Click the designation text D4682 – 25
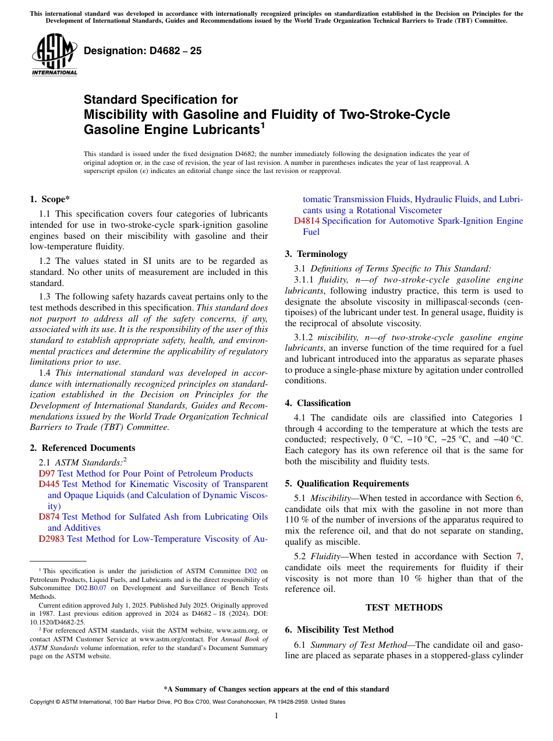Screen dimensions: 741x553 pos(143,51)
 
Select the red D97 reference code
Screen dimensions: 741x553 pos(47,474)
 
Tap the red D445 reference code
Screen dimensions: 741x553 pos(49,485)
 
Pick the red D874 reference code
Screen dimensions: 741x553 pos(49,517)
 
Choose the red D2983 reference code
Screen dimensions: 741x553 pos(52,539)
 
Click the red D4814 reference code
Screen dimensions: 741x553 pos(307,221)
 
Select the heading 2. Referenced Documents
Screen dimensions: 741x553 pos(82,448)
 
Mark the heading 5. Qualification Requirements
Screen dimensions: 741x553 pos(347,484)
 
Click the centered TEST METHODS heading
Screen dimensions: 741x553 pos(404,608)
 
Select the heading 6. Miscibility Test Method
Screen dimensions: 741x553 pos(339,630)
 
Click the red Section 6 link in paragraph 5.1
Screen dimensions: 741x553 pos(519,498)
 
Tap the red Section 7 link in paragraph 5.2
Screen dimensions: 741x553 pos(519,556)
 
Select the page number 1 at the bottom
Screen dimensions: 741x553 pos(276,715)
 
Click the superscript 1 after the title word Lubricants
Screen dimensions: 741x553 pos(263,125)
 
